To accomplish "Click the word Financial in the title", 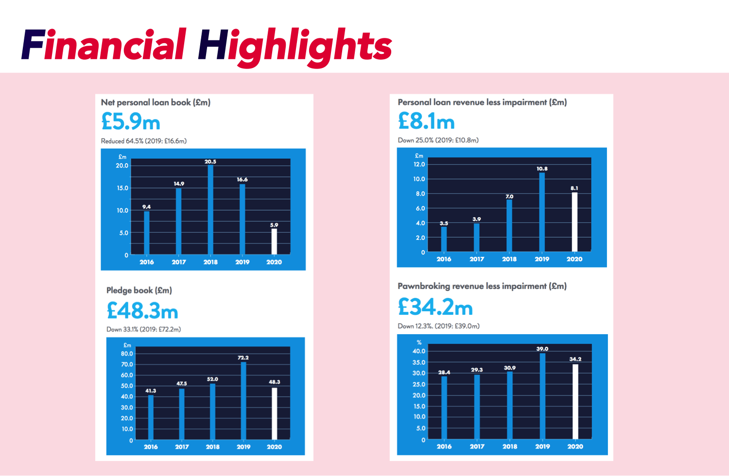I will [104, 45].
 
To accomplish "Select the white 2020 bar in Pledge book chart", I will [274, 413].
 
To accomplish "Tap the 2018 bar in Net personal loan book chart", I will [210, 209].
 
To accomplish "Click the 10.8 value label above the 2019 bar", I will [542, 169].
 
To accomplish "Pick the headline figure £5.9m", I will [131, 121].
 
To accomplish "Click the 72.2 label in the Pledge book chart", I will [243, 357].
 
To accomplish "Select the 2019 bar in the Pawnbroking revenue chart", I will [542, 396].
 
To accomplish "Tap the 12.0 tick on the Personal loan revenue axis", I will [419, 164].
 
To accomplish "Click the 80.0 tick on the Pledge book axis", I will [127, 354].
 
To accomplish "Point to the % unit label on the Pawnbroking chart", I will [419, 342].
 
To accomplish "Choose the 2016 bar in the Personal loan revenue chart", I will [444, 238].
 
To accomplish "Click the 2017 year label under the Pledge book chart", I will [182, 447].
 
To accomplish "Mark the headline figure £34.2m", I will [435, 307].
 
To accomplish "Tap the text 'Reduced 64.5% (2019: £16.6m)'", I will [144, 141].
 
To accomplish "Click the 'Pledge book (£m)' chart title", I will [139, 290].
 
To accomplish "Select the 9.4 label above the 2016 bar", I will [146, 207].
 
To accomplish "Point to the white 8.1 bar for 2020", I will [574, 221].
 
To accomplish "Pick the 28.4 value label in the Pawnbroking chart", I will [444, 373].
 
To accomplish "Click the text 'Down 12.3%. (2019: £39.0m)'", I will [438, 326].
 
